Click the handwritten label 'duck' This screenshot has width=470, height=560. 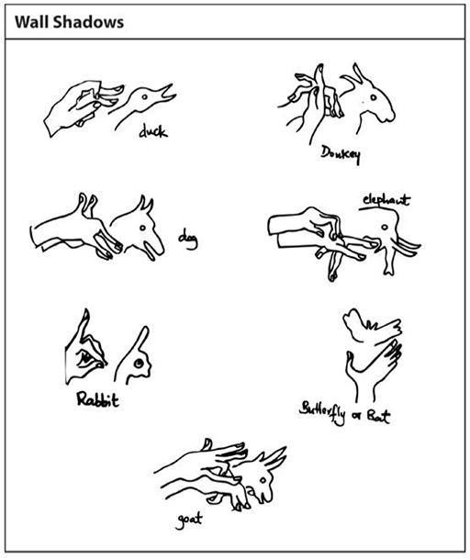pos(153,131)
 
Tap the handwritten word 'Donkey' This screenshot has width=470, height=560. pos(341,154)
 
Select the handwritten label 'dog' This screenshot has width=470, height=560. pos(188,240)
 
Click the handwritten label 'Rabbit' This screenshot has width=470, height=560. pos(97,398)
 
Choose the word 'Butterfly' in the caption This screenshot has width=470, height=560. pos(322,413)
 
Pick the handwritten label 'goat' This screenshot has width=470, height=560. pos(189,521)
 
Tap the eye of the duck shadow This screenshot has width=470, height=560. pos(144,96)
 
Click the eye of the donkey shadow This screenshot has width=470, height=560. pos(374,97)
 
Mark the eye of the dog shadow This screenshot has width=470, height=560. pos(142,228)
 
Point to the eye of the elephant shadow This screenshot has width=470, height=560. pos(385,227)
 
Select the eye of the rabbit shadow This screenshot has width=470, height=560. pos(139,364)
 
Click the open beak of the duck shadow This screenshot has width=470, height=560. pos(167,94)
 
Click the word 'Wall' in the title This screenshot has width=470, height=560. pos(31,22)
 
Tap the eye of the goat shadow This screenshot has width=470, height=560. pos(263,481)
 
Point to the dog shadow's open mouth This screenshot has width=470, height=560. pos(150,250)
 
